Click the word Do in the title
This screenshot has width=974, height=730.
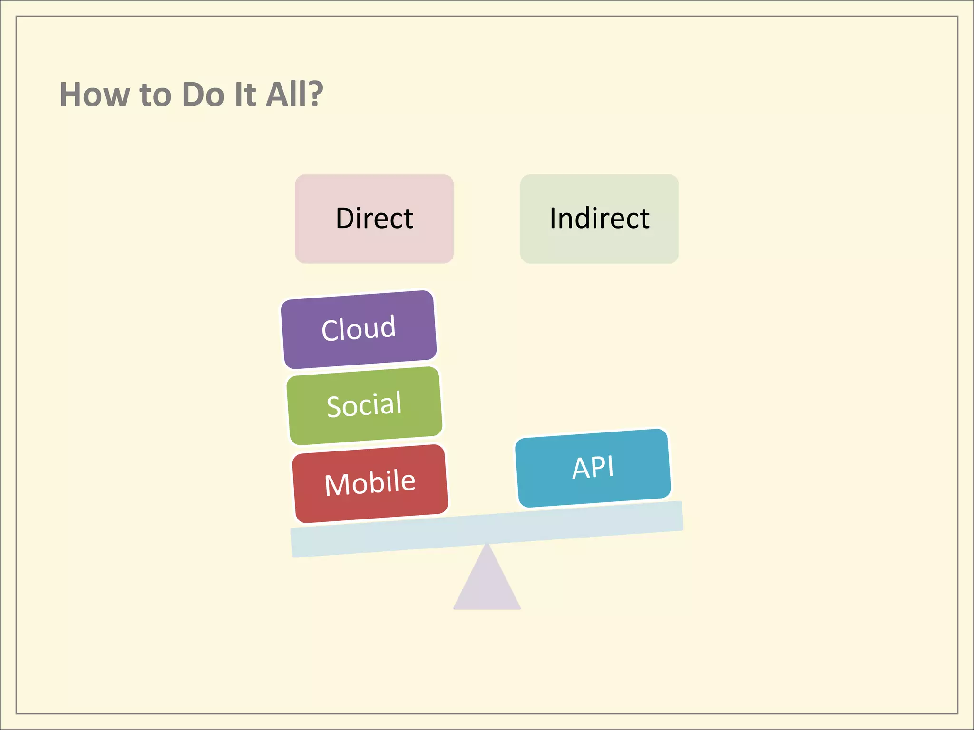203,94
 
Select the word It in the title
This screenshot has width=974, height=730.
245,94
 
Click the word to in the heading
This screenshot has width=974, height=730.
156,95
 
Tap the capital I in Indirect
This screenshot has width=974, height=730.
553,218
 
